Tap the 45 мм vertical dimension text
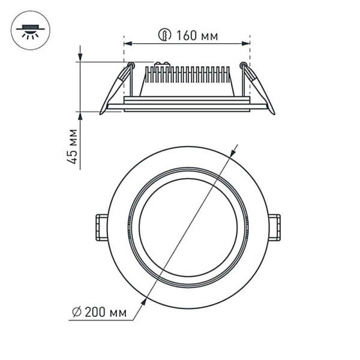click(72, 147)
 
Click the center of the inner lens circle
click(188, 227)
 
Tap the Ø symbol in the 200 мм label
click(76, 313)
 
